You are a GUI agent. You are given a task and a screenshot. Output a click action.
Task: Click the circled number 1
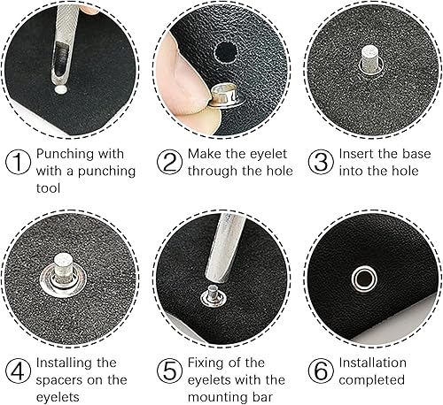[18, 162]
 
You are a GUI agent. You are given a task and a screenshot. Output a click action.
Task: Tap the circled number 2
[169, 162]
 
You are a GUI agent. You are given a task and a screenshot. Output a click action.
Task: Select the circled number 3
[321, 162]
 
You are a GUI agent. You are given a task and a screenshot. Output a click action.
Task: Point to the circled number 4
[18, 371]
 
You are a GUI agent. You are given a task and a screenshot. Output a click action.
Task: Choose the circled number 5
[169, 371]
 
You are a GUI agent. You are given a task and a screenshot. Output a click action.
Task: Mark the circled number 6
[321, 371]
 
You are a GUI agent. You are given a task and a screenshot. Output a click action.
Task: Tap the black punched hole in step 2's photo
[225, 52]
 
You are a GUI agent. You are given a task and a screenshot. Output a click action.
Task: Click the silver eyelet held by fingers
[226, 96]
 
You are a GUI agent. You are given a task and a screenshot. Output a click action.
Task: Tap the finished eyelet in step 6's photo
[364, 279]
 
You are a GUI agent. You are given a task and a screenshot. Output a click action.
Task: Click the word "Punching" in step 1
[65, 154]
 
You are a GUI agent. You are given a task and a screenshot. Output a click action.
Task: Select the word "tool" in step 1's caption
[48, 187]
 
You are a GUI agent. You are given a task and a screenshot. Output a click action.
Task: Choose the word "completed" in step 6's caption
[371, 380]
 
